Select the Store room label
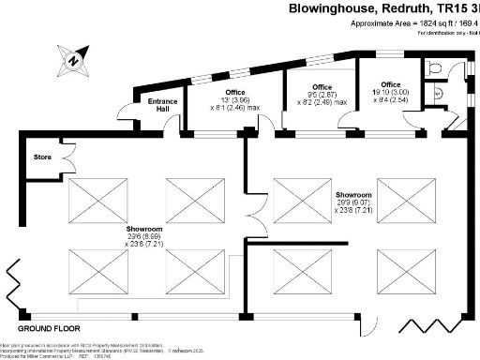pyautogui.click(x=41, y=157)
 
